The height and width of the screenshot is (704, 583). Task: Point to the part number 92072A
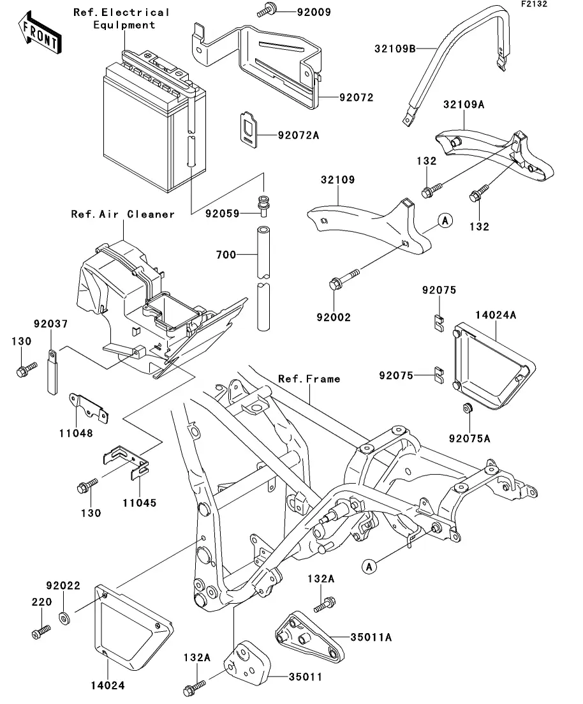pyautogui.click(x=299, y=135)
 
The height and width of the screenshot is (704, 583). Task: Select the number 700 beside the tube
pyautogui.click(x=226, y=255)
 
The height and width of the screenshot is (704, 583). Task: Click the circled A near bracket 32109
pyautogui.click(x=445, y=221)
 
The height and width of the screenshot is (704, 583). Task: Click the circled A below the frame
pyautogui.click(x=369, y=565)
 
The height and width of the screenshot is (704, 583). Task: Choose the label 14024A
pyautogui.click(x=495, y=314)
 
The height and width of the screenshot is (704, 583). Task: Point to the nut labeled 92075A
pyautogui.click(x=466, y=408)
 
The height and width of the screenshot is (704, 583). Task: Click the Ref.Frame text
pyautogui.click(x=309, y=378)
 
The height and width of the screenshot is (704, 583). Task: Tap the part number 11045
pyautogui.click(x=140, y=502)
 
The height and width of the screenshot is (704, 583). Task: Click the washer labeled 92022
pyautogui.click(x=64, y=618)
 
